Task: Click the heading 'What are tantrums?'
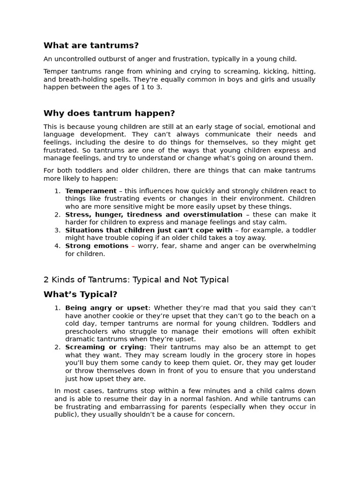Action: point(91,45)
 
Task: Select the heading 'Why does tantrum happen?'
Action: point(109,113)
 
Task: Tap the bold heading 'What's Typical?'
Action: point(80,294)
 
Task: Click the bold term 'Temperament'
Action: point(91,191)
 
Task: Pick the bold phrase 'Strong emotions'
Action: point(97,246)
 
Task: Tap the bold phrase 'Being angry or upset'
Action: point(106,308)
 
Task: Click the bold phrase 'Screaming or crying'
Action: point(105,347)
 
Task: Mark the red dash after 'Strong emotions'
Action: point(133,246)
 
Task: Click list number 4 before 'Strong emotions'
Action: point(57,246)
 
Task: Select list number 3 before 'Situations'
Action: point(57,230)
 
